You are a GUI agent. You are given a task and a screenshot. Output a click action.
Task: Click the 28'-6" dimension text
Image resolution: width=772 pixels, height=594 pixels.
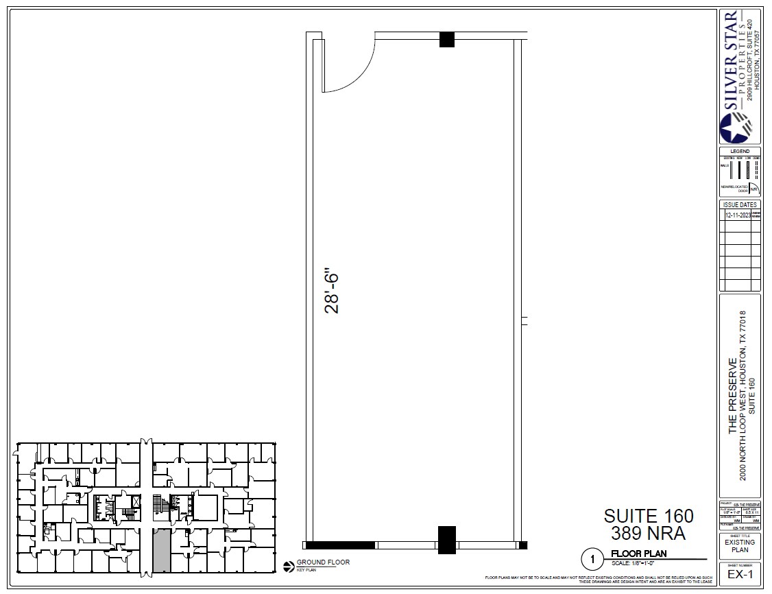pos(333,294)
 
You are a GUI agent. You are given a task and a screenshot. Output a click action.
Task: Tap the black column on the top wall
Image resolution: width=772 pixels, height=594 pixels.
pos(447,39)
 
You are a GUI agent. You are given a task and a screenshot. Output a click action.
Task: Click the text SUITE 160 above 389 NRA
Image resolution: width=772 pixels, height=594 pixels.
pos(648,516)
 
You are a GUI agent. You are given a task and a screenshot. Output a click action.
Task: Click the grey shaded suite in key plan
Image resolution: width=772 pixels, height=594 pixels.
pos(160,550)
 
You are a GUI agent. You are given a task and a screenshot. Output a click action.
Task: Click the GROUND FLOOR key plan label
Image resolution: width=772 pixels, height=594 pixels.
pos(323,562)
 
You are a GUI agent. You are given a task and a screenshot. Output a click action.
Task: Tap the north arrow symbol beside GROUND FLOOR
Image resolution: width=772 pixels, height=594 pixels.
pos(289,565)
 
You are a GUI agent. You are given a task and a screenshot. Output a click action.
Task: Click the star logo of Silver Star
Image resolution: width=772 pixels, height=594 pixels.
pos(735,128)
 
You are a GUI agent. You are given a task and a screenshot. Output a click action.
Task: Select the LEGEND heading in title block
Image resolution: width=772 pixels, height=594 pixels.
pos(740,151)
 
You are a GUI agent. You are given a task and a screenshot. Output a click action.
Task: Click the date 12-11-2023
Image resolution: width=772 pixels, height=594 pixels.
pos(737,215)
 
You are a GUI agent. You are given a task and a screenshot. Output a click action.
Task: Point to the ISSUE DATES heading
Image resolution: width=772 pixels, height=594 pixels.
pos(740,204)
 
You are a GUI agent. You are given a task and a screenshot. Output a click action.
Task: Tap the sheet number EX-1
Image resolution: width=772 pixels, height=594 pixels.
pos(740,573)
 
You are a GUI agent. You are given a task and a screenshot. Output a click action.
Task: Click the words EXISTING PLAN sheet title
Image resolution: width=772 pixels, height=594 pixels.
pos(740,546)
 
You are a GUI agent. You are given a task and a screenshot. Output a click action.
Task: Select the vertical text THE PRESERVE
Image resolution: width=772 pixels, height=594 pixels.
pos(733,396)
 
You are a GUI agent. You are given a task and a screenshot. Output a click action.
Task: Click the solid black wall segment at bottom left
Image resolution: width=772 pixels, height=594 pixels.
pos(339,545)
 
